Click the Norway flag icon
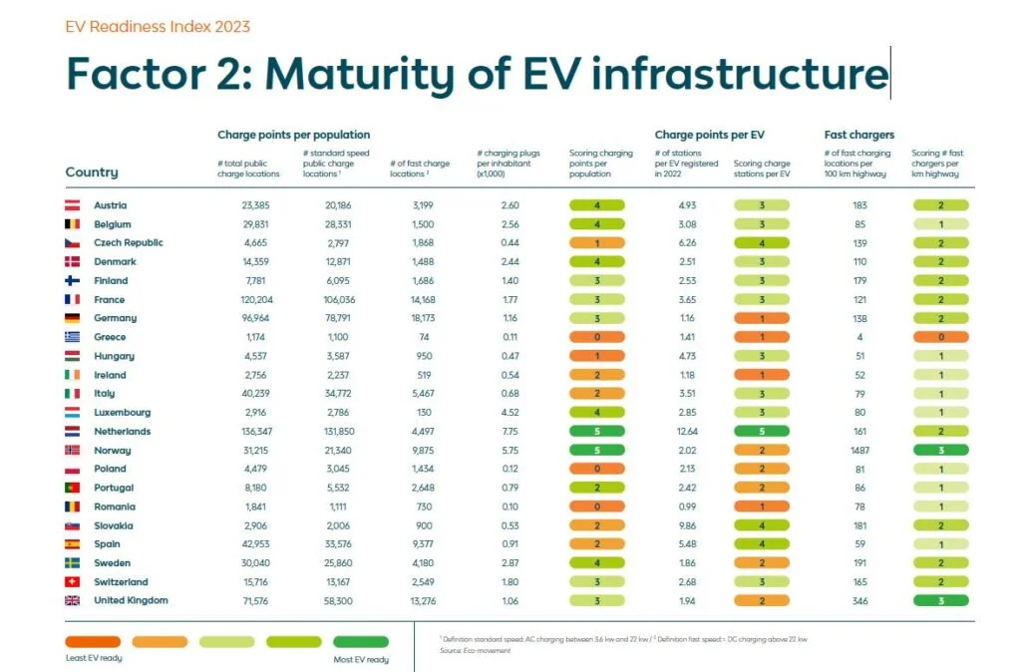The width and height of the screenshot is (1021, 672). coord(72,451)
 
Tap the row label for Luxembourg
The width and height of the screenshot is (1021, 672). coord(122,413)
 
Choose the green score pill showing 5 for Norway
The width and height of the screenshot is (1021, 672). coord(596,451)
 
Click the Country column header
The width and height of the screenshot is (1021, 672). coord(92,172)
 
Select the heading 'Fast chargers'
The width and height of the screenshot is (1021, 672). coord(858,135)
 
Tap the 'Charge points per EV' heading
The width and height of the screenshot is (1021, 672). coord(708,135)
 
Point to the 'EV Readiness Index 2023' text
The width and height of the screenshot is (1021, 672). coord(158,27)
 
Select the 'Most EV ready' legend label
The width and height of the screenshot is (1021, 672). coord(361,659)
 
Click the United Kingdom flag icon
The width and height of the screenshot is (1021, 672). coord(72,601)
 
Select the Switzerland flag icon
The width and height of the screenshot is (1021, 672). coord(72,582)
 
